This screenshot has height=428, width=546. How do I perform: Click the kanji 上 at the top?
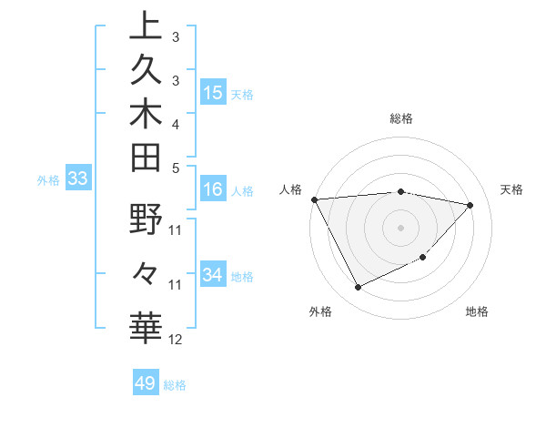click(146, 26)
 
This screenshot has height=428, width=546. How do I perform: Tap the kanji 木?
click(146, 114)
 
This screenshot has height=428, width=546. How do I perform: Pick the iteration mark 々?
click(146, 271)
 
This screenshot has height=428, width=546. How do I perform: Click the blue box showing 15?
click(213, 92)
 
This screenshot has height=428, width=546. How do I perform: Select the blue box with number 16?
click(213, 189)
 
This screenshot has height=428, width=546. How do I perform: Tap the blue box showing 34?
click(213, 275)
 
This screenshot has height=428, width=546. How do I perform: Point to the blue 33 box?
click(78, 179)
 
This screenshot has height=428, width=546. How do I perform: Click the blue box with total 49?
click(146, 383)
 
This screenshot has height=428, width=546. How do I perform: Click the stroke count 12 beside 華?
click(176, 340)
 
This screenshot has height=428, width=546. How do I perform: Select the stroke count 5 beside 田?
click(176, 168)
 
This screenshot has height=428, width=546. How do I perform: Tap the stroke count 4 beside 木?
click(176, 123)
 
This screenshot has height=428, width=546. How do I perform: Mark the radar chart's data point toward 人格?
click(314, 199)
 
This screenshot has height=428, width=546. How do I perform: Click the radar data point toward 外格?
click(358, 288)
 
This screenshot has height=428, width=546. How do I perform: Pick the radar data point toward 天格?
click(470, 205)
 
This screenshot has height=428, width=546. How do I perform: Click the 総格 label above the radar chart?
click(401, 118)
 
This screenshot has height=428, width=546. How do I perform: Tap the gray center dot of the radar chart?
click(401, 227)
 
